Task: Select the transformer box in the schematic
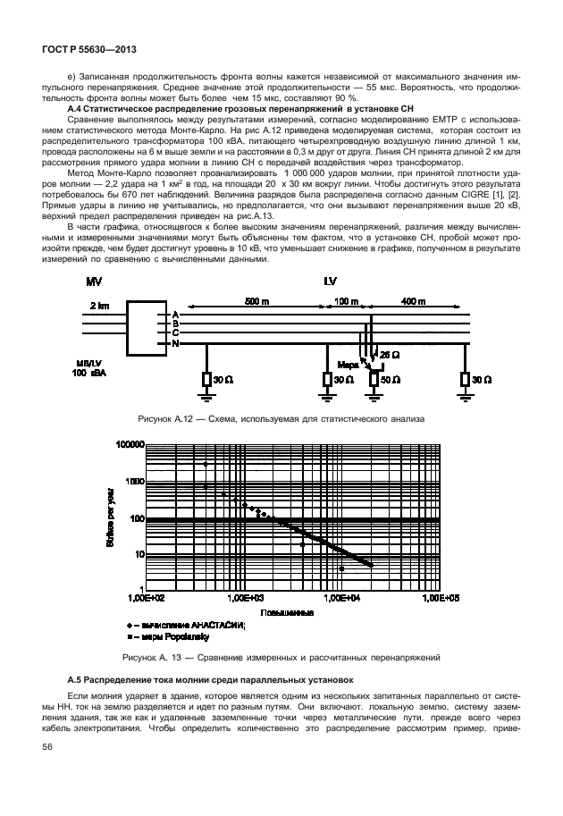coord(147,330)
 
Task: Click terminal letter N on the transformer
coord(176,344)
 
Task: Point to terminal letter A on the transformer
coord(176,315)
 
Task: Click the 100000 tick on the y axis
coord(130,444)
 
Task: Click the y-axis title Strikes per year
coord(111,517)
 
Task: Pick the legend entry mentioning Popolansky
coord(172,638)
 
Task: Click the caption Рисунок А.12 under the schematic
coord(280,418)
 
